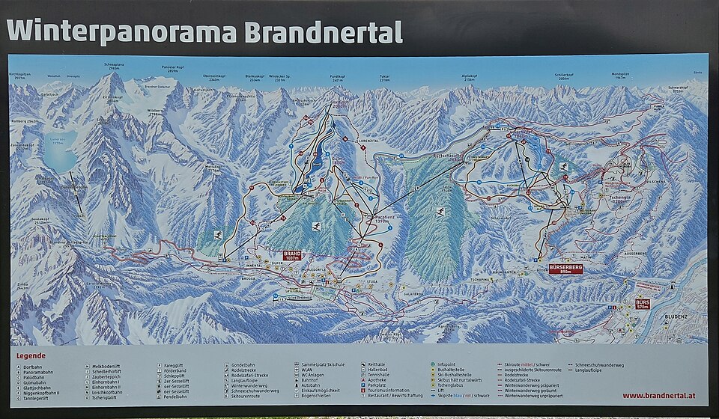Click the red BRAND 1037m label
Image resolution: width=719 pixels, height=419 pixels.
pos(292,255)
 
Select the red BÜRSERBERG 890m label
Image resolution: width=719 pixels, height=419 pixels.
pos(565,268)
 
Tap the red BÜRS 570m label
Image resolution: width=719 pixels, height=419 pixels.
pos(643,304)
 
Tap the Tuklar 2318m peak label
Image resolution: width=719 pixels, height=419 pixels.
pos(384,76)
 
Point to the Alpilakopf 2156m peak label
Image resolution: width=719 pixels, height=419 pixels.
pos(470,76)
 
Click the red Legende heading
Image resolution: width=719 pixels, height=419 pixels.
pos(31,355)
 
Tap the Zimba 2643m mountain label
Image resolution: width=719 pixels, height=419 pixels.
pos(22,285)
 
